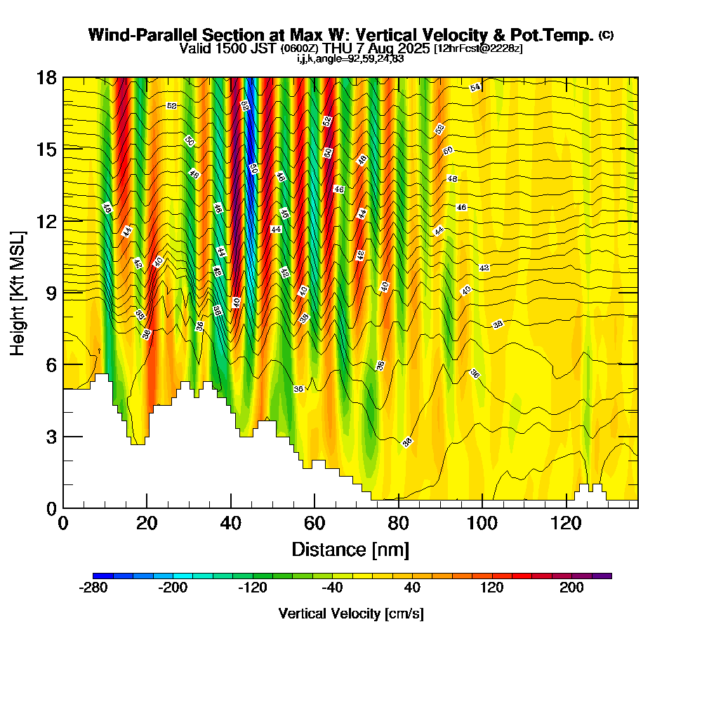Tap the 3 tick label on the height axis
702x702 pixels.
pos(52,436)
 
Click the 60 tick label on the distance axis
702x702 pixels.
pos(314,524)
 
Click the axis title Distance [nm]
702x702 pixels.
pos(350,549)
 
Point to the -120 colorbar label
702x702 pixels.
pos(253,588)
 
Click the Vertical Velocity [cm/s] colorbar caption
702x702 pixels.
pos(351,614)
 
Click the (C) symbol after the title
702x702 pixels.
pos(607,34)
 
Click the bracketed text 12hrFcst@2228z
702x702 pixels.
pos(478,48)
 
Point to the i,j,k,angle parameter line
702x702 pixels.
pos(350,58)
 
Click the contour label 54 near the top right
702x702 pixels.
pos(475,88)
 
